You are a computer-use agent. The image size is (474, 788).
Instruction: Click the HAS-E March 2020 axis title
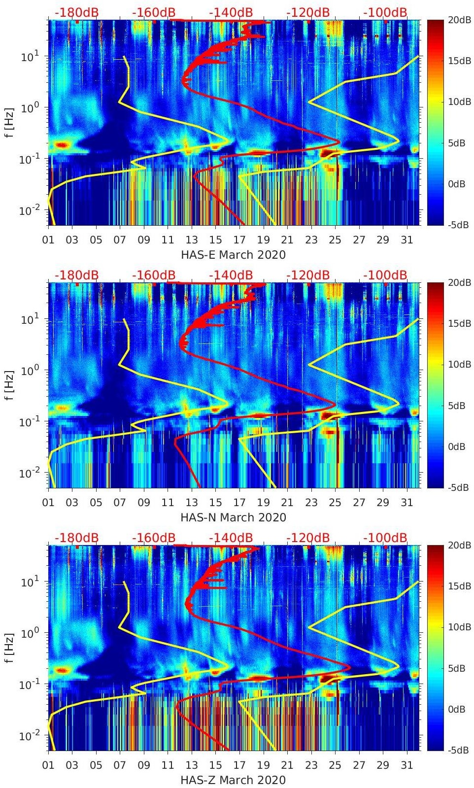pos(233,255)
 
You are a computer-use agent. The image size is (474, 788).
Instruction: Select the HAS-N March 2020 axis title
pos(233,517)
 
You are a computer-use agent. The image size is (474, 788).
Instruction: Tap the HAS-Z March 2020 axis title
pos(233,780)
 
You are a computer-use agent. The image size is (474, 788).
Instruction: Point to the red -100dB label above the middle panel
pos(385,275)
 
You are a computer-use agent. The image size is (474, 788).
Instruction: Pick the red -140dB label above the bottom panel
pos(231,538)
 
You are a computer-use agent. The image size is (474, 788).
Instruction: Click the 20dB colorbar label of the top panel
pos(456,20)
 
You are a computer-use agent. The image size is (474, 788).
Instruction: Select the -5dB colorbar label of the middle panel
pos(456,487)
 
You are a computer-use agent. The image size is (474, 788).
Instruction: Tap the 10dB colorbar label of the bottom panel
pos(456,627)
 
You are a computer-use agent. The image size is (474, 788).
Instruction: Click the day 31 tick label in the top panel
pos(406,240)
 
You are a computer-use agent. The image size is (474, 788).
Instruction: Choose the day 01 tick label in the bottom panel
pos(48,765)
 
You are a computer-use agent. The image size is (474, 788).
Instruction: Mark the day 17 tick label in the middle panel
pos(239,503)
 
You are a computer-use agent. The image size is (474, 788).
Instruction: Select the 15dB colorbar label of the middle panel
pos(456,323)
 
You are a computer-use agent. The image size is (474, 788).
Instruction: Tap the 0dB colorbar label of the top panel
pos(456,184)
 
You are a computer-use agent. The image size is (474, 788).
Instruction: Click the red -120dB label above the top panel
pos(308,12)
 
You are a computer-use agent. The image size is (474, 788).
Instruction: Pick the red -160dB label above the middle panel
pos(154,275)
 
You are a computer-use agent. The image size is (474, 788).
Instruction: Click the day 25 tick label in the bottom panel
pos(335,765)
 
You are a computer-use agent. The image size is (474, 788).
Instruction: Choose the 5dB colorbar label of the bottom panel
pos(456,668)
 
